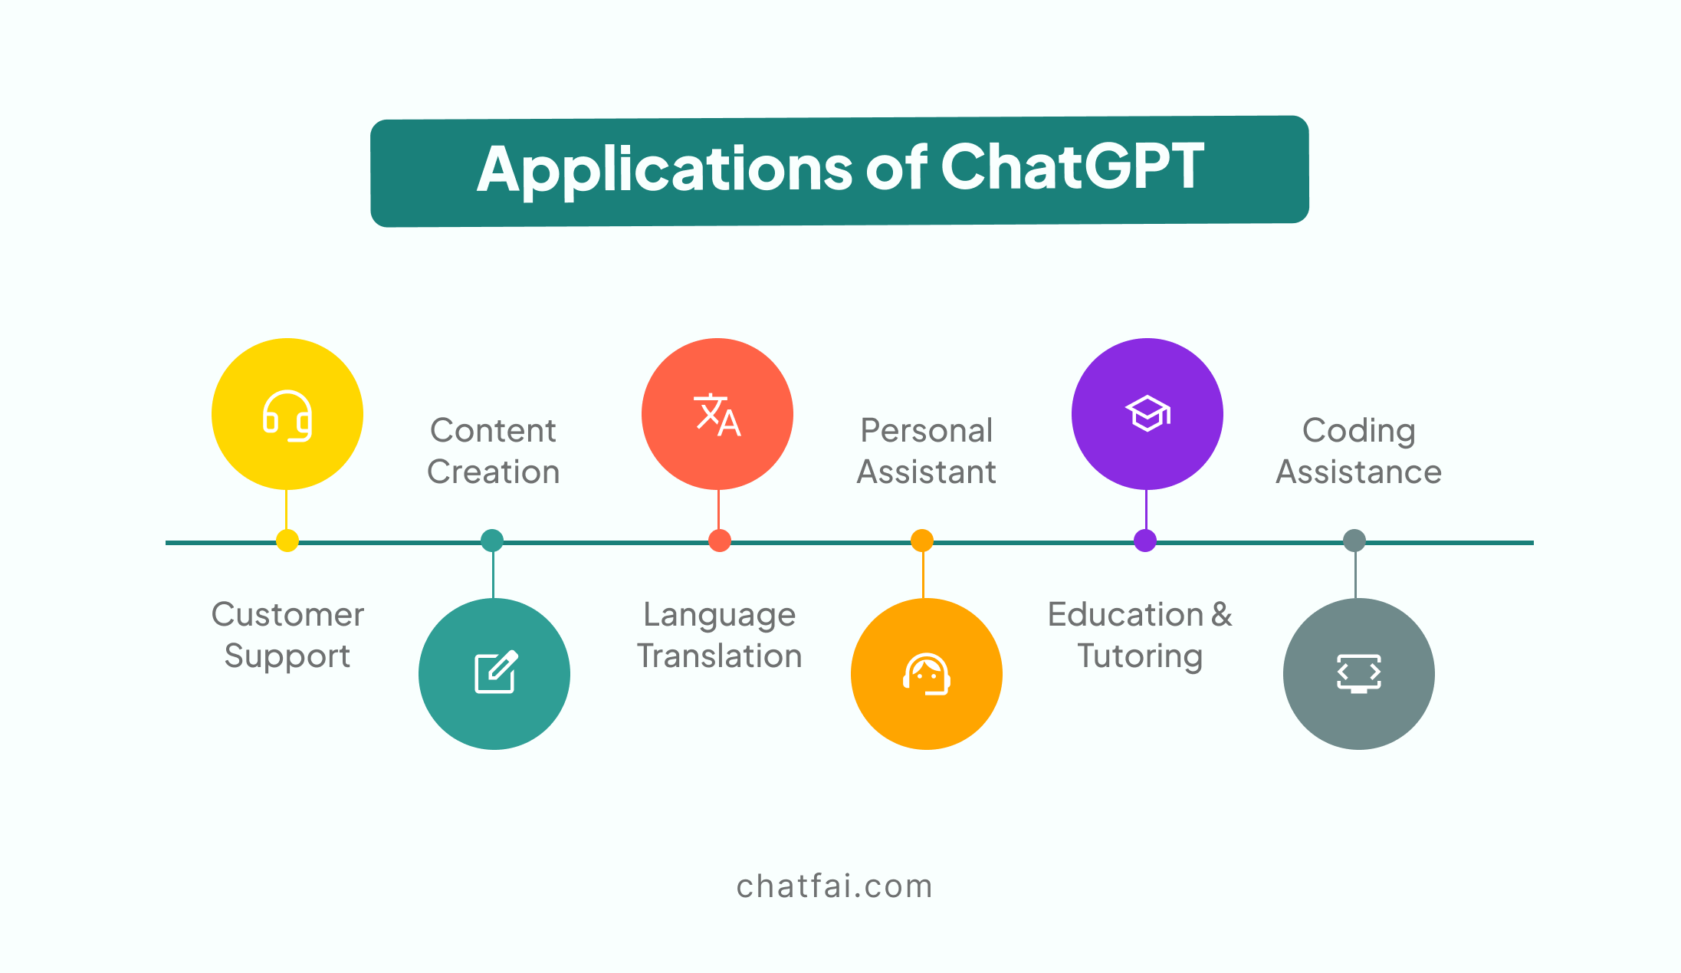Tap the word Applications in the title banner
click(x=664, y=170)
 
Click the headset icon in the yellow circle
click(x=287, y=416)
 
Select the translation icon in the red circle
click(x=717, y=415)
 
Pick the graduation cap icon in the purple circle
click(x=1147, y=413)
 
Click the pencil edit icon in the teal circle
click(x=496, y=672)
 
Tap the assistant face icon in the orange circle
click(x=927, y=674)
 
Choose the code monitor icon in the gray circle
click(x=1359, y=673)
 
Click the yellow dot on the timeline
click(x=287, y=541)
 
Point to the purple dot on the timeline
click(x=1145, y=541)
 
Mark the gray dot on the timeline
click(x=1354, y=541)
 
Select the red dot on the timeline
click(x=720, y=541)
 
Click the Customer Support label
click(x=287, y=636)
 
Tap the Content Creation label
click(x=494, y=451)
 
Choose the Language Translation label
click(x=720, y=636)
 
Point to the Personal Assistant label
click(x=927, y=451)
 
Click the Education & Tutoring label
click(x=1140, y=636)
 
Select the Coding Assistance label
click(x=1359, y=452)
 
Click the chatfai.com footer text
click(x=835, y=886)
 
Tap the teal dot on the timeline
click(x=492, y=541)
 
